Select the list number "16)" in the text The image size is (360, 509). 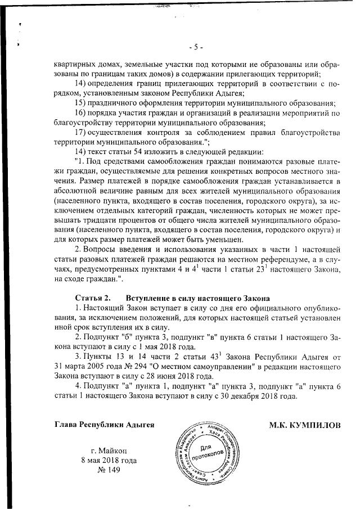pyautogui.click(x=83, y=113)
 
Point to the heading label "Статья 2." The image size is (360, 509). pyautogui.click(x=92, y=297)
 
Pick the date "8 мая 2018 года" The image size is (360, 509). pyautogui.click(x=109, y=460)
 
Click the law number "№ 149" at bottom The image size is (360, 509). pyautogui.click(x=109, y=470)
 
